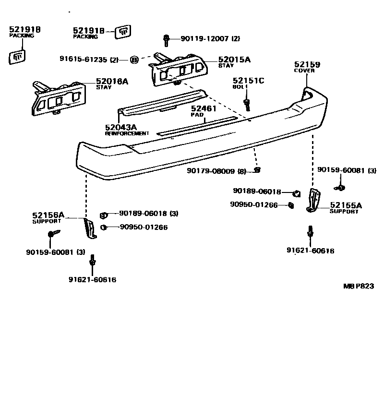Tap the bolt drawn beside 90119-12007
pyautogui.click(x=166, y=39)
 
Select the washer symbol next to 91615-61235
pyautogui.click(x=134, y=60)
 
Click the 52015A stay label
pyautogui.click(x=234, y=60)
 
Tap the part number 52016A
pyautogui.click(x=112, y=82)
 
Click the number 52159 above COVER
pyautogui.click(x=307, y=64)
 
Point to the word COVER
pyautogui.click(x=304, y=71)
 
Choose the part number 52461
pyautogui.click(x=204, y=109)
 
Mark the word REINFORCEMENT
pyautogui.click(x=127, y=133)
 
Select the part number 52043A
pyautogui.click(x=121, y=127)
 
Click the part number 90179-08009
pyautogui.click(x=211, y=170)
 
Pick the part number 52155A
pyautogui.click(x=346, y=205)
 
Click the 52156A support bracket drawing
pyautogui.click(x=90, y=228)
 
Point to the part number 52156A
pyautogui.click(x=48, y=216)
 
